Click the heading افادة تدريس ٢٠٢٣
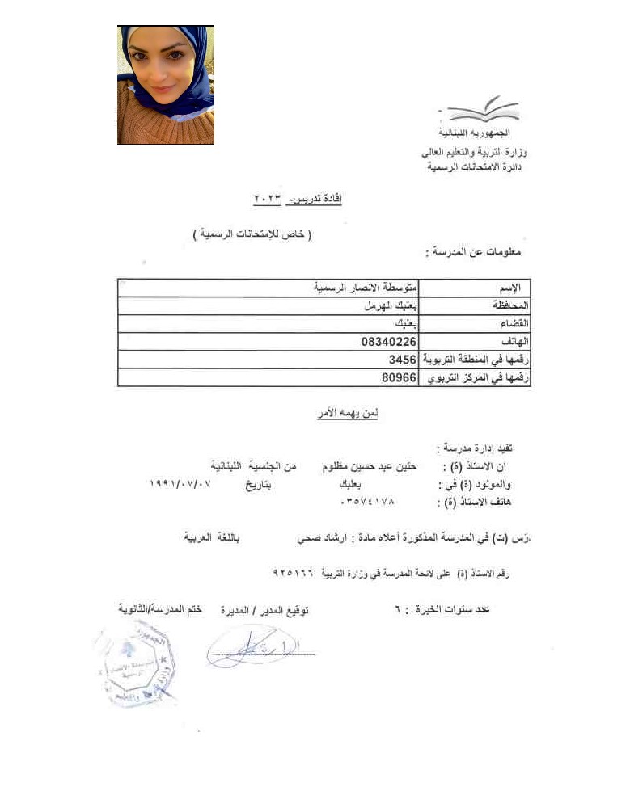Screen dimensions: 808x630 pyautogui.click(x=298, y=197)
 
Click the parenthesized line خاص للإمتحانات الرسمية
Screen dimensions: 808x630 pyautogui.click(x=253, y=234)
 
